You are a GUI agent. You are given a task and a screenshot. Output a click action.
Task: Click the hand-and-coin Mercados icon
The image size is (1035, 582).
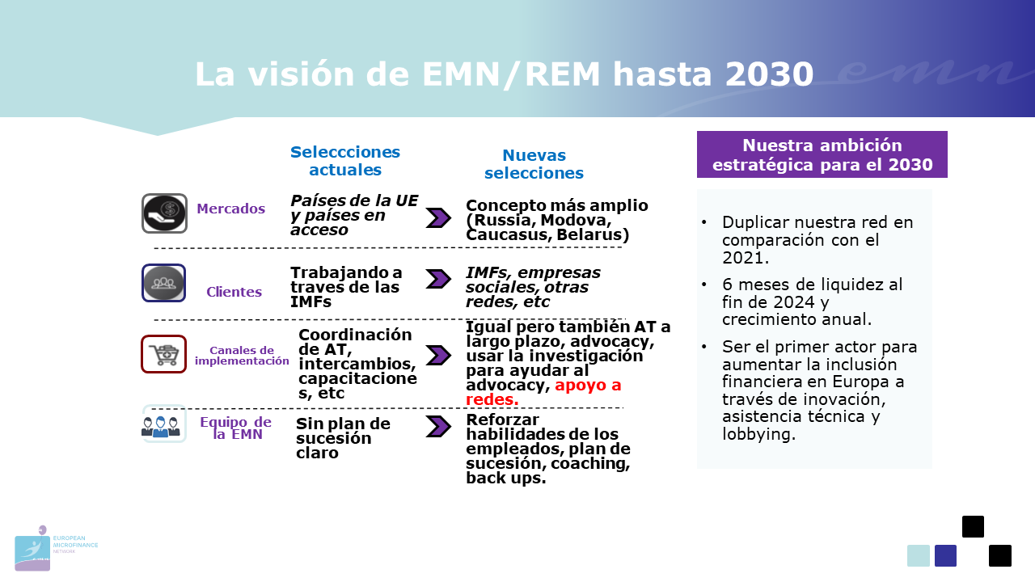[x=164, y=213]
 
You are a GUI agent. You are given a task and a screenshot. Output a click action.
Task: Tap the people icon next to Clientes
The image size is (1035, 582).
[x=163, y=283]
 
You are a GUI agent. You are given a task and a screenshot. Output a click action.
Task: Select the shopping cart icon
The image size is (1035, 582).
[x=163, y=354]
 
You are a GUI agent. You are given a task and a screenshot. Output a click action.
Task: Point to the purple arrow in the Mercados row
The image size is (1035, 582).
[x=438, y=218]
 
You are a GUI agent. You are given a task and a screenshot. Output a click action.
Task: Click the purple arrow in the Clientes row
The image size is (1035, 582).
[x=438, y=279]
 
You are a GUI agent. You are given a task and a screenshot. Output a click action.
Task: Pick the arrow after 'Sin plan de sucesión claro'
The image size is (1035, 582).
[x=438, y=426]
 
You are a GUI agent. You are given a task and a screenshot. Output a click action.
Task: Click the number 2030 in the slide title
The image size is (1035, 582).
[x=769, y=74]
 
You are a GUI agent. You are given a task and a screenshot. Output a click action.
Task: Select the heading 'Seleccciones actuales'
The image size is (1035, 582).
[x=345, y=161]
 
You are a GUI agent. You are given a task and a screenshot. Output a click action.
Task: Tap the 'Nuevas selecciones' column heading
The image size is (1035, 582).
[x=534, y=164]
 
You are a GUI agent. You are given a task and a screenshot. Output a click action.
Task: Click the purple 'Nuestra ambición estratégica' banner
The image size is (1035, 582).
[x=822, y=154]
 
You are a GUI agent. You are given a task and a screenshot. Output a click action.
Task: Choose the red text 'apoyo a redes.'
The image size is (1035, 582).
[x=543, y=392]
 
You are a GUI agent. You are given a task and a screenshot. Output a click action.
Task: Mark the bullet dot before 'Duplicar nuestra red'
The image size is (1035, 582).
[x=704, y=222]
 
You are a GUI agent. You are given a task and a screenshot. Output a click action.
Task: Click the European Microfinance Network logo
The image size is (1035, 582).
[x=57, y=548]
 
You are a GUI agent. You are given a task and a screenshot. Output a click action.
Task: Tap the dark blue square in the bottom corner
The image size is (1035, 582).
[x=945, y=555]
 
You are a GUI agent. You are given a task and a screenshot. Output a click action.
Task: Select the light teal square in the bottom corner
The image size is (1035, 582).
[x=918, y=555]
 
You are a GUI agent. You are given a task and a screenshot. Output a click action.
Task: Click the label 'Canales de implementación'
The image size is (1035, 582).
[x=242, y=356]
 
